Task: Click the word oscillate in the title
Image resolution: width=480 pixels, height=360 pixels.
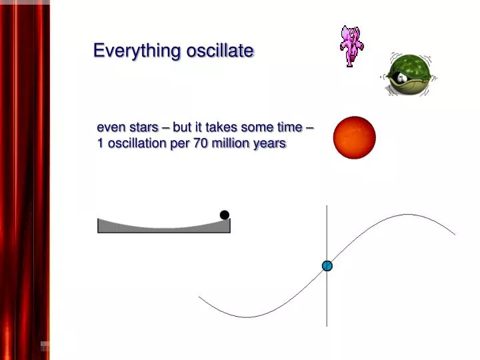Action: (x=219, y=51)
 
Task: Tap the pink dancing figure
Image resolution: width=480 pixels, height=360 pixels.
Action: (x=350, y=46)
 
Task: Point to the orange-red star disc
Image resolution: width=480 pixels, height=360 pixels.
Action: (x=355, y=137)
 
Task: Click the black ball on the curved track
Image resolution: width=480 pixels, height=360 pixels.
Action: (x=225, y=215)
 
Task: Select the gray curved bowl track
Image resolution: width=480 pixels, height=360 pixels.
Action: (x=163, y=227)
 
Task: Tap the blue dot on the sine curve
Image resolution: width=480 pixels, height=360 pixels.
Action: (x=327, y=266)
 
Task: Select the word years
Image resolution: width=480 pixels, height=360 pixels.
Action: (x=270, y=143)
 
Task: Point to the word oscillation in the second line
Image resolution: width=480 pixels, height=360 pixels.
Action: (x=136, y=143)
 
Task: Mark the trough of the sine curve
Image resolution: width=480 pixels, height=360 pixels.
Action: (x=245, y=317)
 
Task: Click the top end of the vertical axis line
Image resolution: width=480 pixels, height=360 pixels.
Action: (x=327, y=207)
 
